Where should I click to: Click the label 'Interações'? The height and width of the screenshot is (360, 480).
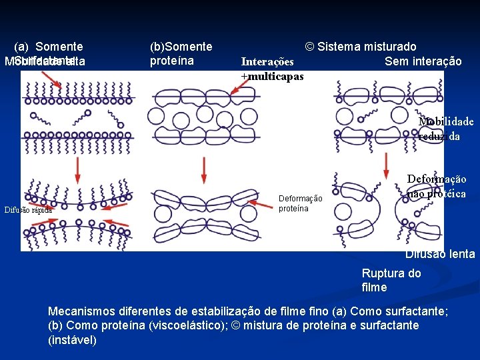[267, 62]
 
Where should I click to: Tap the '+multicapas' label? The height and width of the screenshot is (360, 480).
[272, 76]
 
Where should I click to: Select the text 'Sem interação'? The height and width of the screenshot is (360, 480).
[423, 61]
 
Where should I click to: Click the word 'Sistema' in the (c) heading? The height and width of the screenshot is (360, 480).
[339, 47]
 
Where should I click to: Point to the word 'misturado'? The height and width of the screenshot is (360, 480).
[389, 47]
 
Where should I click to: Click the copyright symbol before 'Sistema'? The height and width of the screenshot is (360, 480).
[309, 47]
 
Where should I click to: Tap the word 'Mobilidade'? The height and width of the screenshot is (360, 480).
[446, 121]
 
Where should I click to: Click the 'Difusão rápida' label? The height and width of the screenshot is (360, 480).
[28, 209]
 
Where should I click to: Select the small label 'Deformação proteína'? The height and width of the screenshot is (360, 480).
[300, 203]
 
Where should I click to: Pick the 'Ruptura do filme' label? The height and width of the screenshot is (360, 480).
[391, 280]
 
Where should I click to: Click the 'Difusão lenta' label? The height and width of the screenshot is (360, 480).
[440, 254]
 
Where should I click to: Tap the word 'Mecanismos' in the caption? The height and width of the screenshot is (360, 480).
[83, 311]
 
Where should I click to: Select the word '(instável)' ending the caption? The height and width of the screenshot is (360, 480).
[73, 340]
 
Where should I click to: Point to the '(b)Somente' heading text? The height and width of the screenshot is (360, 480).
[181, 47]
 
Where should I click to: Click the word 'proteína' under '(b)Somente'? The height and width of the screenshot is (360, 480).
[171, 61]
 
